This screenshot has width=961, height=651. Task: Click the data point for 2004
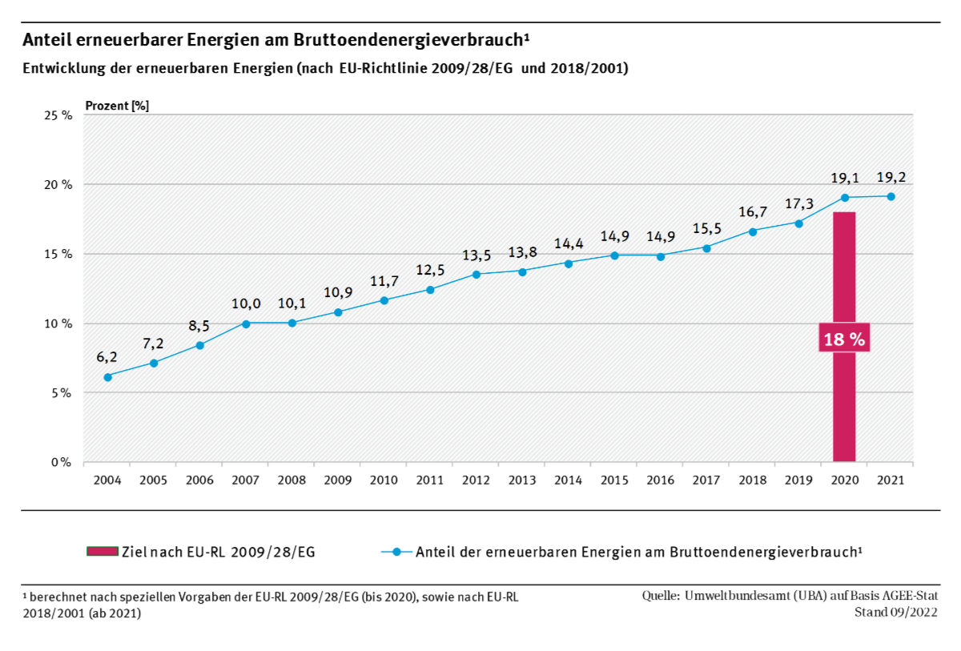108,376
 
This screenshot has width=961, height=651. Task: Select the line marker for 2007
246,323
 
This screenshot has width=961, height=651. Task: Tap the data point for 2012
476,274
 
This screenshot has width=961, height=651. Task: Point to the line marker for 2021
891,196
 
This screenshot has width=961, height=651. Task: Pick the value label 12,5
430,270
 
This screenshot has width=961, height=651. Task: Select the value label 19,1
844,177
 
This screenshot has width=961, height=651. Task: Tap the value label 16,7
753,211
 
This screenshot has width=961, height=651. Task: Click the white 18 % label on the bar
844,340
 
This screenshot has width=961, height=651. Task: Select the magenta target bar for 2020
844,400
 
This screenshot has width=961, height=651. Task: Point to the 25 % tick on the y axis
58,115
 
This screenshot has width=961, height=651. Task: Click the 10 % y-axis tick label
58,323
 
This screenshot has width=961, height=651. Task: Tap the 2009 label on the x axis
338,480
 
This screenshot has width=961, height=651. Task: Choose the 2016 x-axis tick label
660,480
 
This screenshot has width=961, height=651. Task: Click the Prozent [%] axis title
117,105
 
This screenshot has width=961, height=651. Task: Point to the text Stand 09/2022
897,613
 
